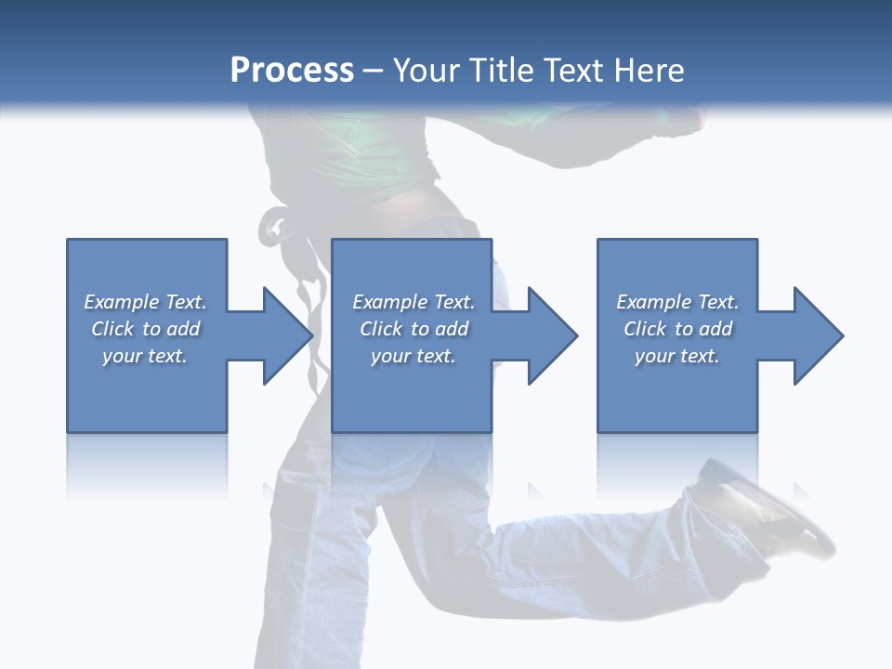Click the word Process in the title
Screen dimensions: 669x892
tap(292, 71)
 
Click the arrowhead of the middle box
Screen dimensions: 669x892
tap(552, 335)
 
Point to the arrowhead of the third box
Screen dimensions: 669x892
tap(818, 335)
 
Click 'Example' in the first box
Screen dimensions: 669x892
tap(121, 302)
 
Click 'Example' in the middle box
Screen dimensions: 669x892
tap(389, 302)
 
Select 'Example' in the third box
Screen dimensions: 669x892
tap(653, 302)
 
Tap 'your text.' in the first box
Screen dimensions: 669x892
tap(145, 356)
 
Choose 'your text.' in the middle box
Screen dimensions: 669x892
tap(413, 356)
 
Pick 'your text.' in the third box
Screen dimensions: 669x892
tap(677, 356)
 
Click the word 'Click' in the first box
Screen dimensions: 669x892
tap(112, 329)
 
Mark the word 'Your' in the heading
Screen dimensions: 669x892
tap(426, 71)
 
